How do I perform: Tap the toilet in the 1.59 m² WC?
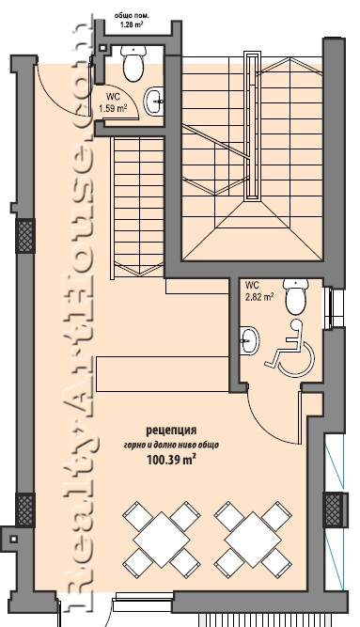(133, 63)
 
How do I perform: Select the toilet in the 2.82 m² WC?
(296, 297)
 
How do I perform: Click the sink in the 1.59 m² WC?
(153, 102)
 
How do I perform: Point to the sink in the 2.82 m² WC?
(250, 340)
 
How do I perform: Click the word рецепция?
(171, 431)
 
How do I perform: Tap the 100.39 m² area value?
(171, 460)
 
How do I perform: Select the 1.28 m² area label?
(132, 24)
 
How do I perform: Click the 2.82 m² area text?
(259, 297)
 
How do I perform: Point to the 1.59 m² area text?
(113, 108)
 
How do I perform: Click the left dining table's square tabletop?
(161, 539)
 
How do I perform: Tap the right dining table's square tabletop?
(253, 539)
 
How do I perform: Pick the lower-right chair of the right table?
(276, 563)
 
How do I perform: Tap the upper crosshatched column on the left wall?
(25, 236)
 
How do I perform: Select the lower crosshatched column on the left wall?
(25, 509)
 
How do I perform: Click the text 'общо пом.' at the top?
(132, 16)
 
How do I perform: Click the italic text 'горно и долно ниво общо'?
(171, 445)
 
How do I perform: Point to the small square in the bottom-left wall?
(13, 539)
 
